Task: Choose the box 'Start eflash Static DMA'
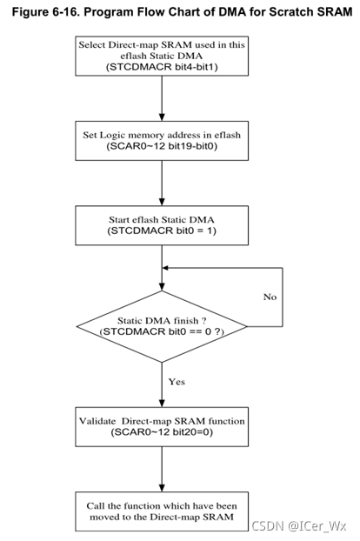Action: [x=163, y=225]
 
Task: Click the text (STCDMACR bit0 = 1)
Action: [x=163, y=232]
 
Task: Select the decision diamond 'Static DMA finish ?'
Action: [x=163, y=326]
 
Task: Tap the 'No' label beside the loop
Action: [x=270, y=297]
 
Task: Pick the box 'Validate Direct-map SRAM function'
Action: [x=163, y=426]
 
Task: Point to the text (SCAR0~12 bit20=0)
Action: [x=163, y=432]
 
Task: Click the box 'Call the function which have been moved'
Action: [x=163, y=512]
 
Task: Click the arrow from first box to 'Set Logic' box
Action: [x=163, y=103]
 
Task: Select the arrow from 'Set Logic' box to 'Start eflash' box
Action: [x=163, y=184]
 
